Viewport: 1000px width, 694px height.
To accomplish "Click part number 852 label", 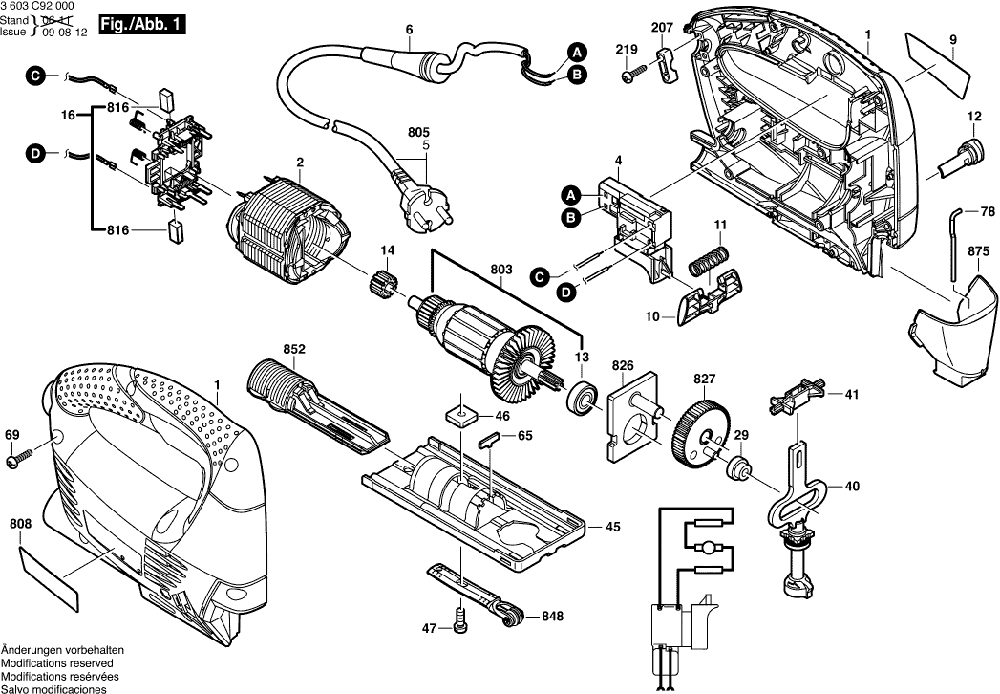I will coord(294,350).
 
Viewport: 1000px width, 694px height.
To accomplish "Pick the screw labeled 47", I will coord(461,626).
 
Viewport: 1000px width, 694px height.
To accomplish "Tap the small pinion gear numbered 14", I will coord(383,286).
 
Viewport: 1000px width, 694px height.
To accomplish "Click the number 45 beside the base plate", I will coord(612,527).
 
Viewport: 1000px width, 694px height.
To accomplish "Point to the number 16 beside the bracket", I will coord(68,115).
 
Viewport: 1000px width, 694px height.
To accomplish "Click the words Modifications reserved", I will coord(57,663).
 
